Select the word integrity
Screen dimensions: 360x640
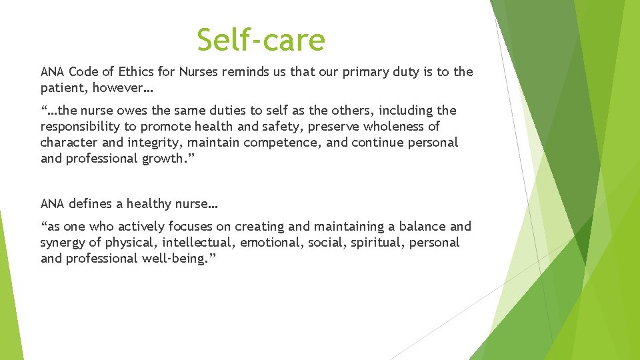pyautogui.click(x=155, y=142)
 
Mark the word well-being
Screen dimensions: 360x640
pyautogui.click(x=174, y=258)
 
